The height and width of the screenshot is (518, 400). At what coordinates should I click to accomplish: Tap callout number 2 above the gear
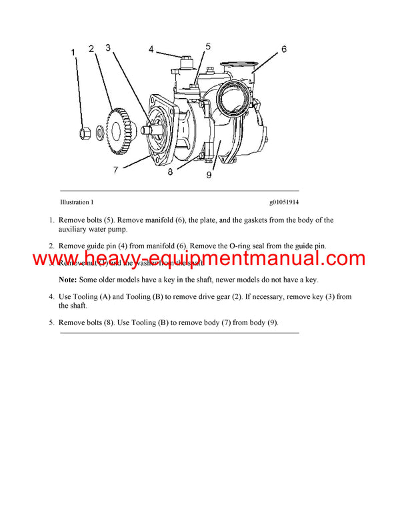click(92, 48)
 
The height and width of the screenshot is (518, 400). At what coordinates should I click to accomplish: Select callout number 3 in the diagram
click(108, 48)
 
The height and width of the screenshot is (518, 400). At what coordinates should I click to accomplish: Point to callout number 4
click(151, 49)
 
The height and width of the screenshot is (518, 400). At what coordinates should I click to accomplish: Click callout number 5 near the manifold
click(208, 47)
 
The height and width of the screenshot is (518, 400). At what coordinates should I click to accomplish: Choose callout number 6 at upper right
click(283, 49)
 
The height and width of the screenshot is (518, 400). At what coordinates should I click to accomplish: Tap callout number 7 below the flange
click(115, 170)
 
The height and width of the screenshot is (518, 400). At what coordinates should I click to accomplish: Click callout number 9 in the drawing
click(209, 175)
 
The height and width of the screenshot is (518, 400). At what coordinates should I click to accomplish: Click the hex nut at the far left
click(84, 132)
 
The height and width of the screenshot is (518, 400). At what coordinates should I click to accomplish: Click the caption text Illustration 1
click(77, 202)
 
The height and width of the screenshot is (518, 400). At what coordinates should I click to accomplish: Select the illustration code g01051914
click(285, 202)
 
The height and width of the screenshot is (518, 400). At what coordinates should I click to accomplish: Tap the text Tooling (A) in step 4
click(93, 296)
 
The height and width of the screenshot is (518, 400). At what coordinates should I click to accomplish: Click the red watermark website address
click(199, 259)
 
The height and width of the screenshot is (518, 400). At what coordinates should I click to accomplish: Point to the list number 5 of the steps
click(51, 322)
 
